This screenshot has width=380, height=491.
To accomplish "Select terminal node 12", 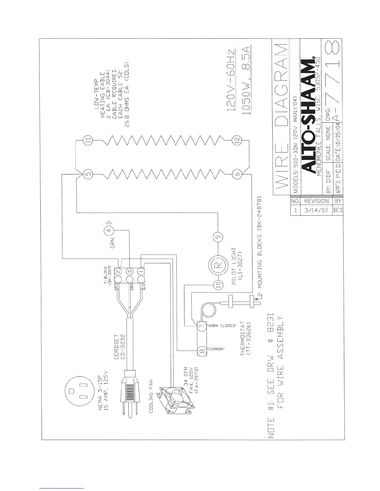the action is coord(237,140).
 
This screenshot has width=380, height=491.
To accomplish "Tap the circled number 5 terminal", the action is coord(88,174).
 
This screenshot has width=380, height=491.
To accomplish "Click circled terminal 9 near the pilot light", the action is coord(218,237).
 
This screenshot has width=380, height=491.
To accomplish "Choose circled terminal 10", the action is coord(218,285).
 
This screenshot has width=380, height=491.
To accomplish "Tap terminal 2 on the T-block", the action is coord(118,272).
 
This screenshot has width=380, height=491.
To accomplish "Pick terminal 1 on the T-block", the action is coord(142,272).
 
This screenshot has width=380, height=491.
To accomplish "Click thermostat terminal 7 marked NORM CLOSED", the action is coord(202,326).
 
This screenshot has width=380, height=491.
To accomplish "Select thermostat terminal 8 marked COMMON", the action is coord(202,350).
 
